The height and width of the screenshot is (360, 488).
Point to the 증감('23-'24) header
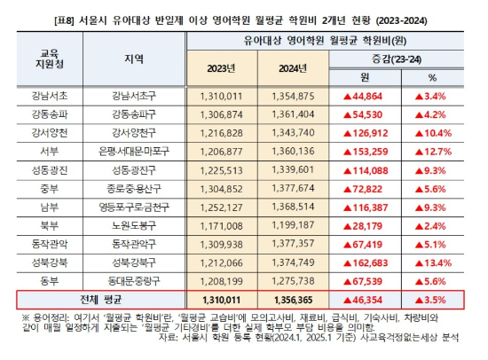tap(403, 58)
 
